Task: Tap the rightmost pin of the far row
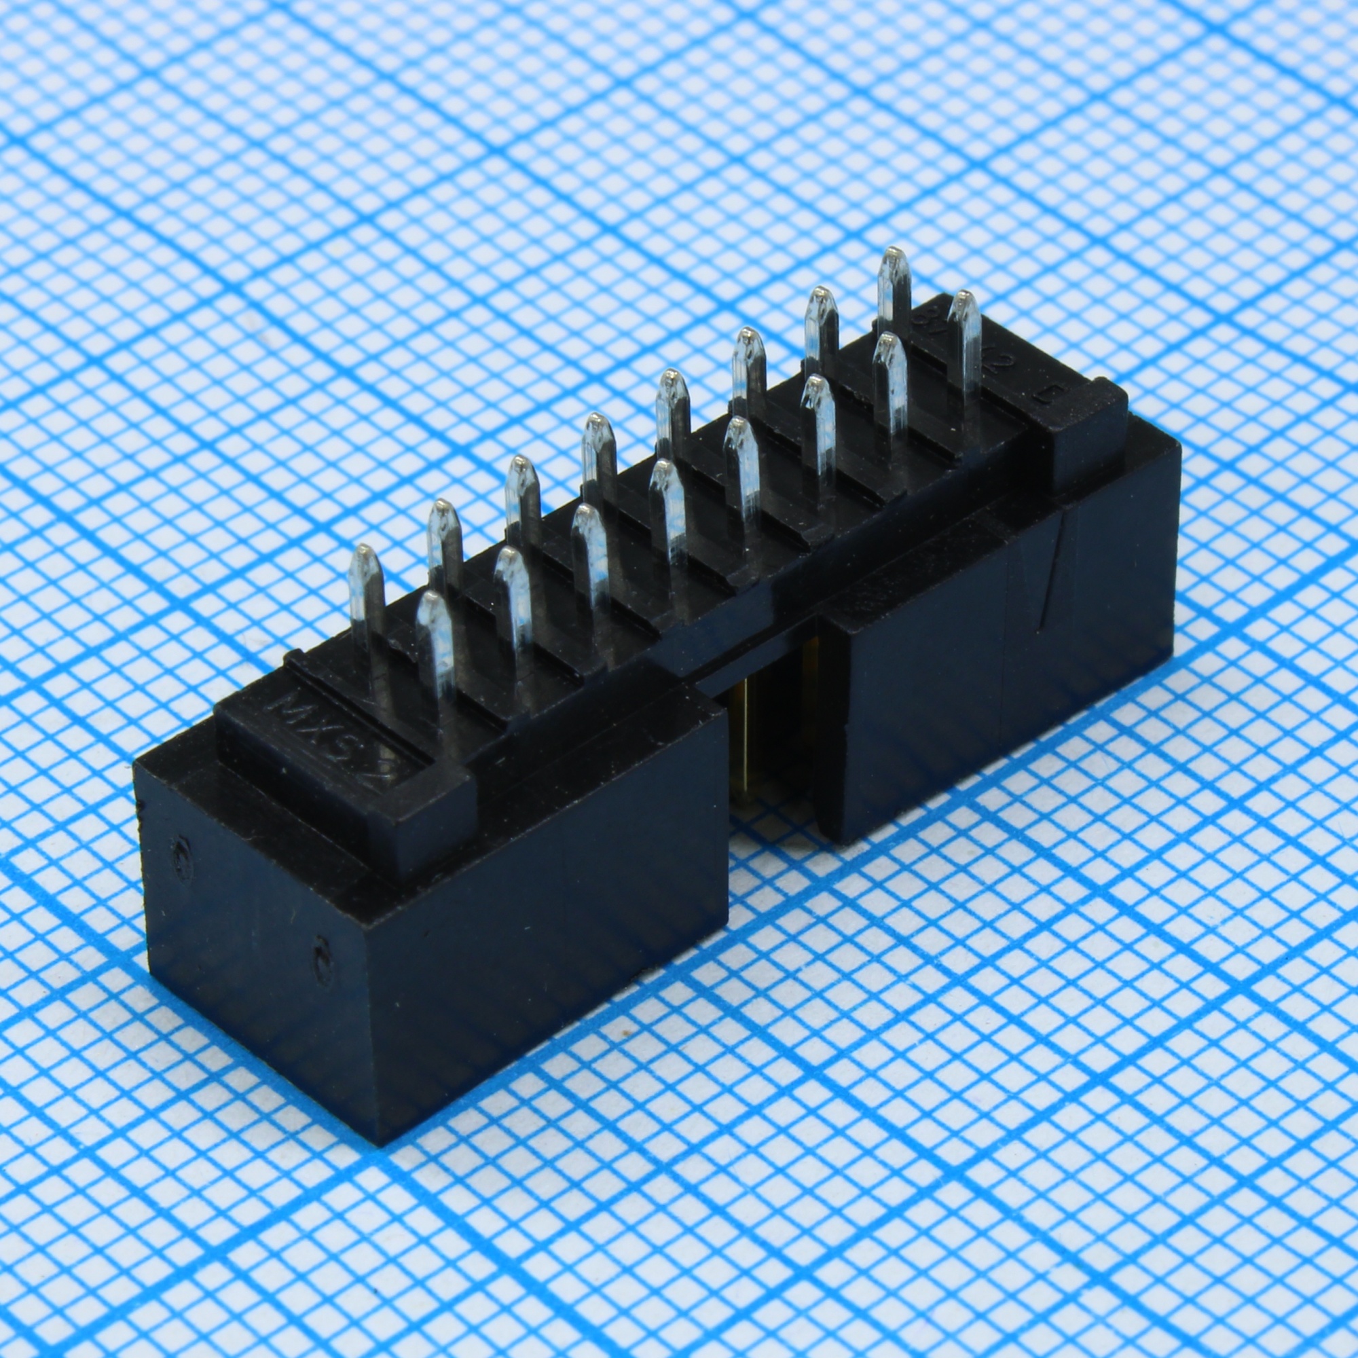coord(895,281)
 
